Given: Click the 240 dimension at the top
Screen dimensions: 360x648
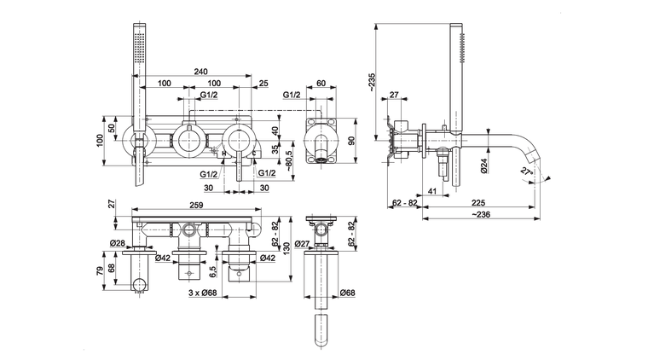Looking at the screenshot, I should [x=201, y=73].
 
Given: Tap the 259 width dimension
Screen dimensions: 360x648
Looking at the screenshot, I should [x=196, y=206].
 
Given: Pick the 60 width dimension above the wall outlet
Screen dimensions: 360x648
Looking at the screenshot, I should [x=321, y=83].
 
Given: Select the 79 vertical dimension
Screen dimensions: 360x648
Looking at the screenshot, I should [x=101, y=271].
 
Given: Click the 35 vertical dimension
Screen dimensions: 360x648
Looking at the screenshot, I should [x=275, y=148].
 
